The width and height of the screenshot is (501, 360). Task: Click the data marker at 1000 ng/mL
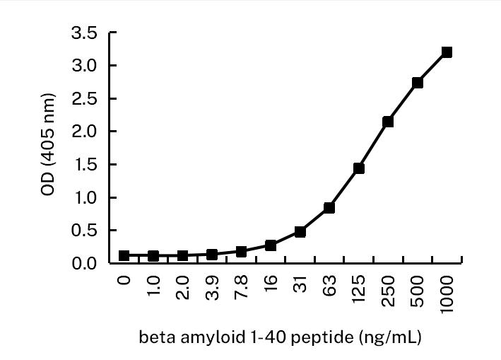pyautogui.click(x=447, y=52)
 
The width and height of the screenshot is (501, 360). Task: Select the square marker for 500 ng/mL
pyautogui.click(x=417, y=83)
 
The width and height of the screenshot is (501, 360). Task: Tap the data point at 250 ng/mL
pyautogui.click(x=388, y=122)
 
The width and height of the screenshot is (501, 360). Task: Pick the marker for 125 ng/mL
pyautogui.click(x=358, y=168)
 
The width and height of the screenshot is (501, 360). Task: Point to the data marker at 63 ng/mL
pyautogui.click(x=329, y=208)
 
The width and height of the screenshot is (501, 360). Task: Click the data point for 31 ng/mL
pyautogui.click(x=300, y=232)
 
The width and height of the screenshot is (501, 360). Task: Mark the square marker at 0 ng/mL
pyautogui.click(x=124, y=255)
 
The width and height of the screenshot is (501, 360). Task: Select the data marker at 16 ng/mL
pyautogui.click(x=271, y=245)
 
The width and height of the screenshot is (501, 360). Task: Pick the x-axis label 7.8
pyautogui.click(x=242, y=286)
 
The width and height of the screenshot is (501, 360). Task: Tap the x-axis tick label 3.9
pyautogui.click(x=212, y=286)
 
